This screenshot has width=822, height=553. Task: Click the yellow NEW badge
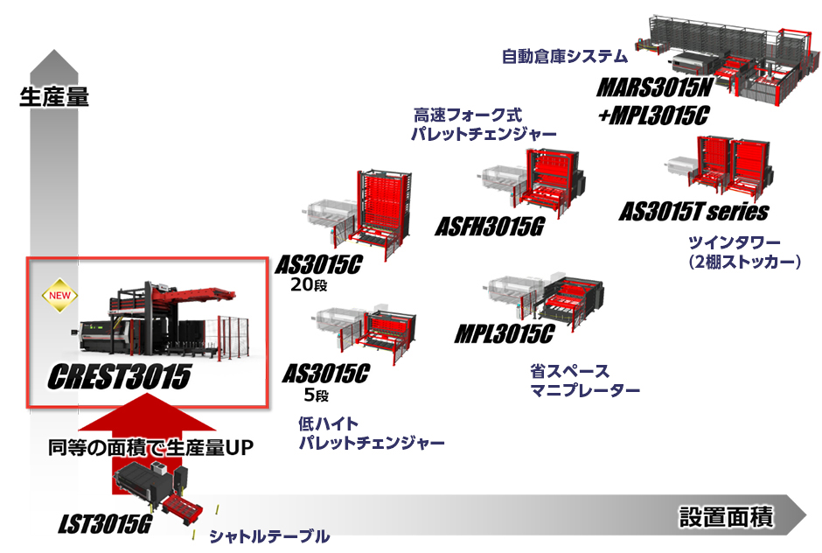59,296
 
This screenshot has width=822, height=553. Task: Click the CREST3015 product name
120,377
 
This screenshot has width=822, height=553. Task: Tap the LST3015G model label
105,523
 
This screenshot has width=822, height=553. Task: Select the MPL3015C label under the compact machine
505,334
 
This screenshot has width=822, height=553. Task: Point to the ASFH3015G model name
490,227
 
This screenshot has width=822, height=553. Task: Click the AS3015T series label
694,212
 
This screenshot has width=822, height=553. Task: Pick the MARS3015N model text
655,87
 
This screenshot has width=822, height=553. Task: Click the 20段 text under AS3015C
310,285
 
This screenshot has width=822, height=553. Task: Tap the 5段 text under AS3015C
316,395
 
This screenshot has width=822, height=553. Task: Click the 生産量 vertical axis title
54,97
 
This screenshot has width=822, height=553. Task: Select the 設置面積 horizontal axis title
726,516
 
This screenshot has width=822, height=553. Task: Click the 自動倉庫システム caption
565,56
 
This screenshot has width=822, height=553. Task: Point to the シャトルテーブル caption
269,536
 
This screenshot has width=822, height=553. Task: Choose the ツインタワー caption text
734,242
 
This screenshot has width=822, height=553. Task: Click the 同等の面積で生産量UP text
151,447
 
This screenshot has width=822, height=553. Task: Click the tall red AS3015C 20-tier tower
384,210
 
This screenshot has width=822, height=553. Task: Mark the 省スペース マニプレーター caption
584,381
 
